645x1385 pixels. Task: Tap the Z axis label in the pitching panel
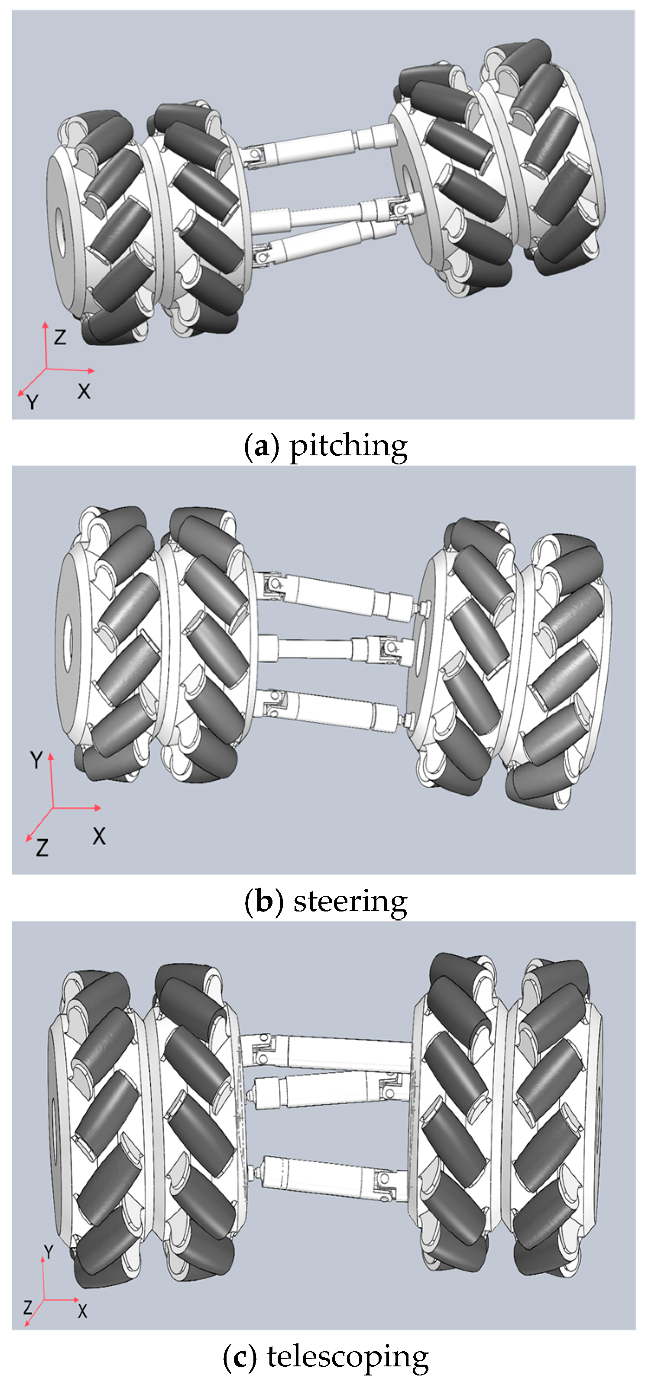point(60,337)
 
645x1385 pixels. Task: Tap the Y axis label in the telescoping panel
point(49,1252)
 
